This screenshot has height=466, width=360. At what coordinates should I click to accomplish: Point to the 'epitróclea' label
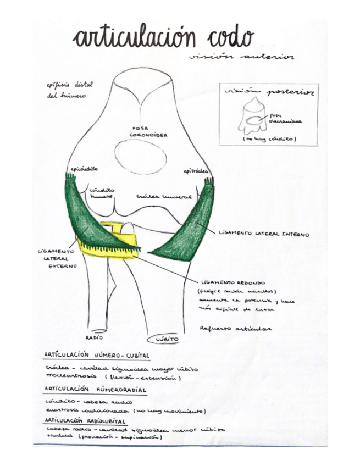[x=196, y=172]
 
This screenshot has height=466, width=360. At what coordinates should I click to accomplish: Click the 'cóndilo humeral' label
[x=101, y=192]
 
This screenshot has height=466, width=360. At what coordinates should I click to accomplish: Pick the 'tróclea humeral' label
[x=164, y=196]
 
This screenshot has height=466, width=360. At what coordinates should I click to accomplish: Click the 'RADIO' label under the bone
[x=95, y=337]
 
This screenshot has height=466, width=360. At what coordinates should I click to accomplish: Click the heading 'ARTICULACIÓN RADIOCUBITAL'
[x=88, y=420]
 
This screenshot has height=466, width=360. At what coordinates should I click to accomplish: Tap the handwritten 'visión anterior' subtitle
[x=240, y=56]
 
